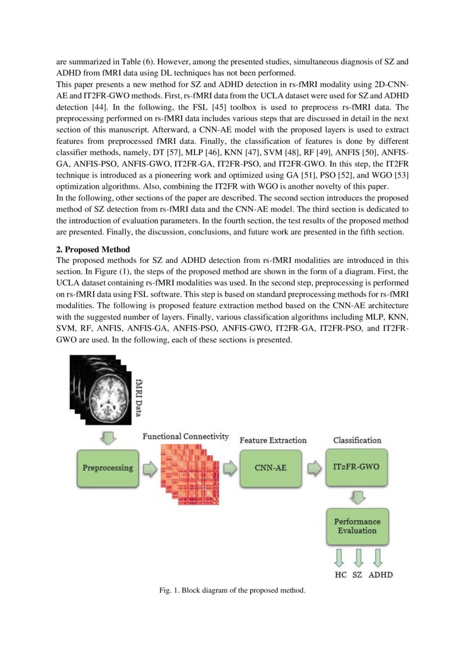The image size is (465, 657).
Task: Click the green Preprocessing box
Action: (x=108, y=468)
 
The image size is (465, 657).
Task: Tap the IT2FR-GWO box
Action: (x=357, y=468)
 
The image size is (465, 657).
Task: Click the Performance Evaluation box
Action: (x=357, y=526)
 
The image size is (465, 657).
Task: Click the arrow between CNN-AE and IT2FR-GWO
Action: (x=314, y=468)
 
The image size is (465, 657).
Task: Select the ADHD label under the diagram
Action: (x=381, y=574)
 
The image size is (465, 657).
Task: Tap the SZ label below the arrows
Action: (x=357, y=574)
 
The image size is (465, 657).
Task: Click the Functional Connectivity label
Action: (x=186, y=437)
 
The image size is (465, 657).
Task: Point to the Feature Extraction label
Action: (x=273, y=440)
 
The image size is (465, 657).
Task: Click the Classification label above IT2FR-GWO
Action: (x=357, y=440)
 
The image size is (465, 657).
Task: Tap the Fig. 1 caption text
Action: (x=232, y=590)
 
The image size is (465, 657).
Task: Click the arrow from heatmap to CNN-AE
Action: (x=229, y=468)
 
